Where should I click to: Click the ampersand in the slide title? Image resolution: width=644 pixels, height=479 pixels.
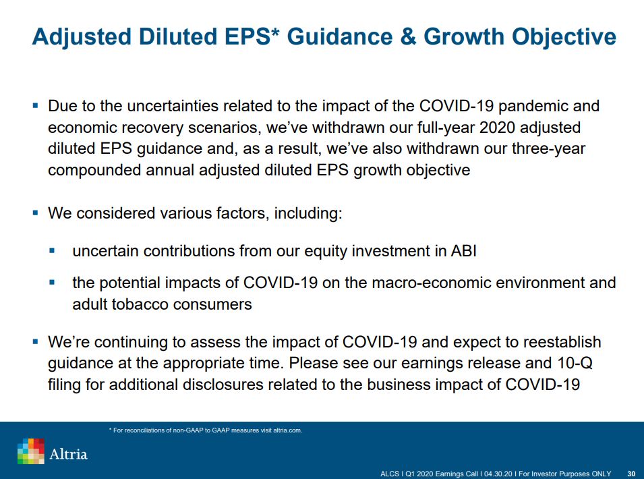tap(408, 36)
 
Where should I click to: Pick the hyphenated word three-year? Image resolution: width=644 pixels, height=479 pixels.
tap(548, 148)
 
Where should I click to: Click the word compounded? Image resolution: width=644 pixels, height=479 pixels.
tap(94, 170)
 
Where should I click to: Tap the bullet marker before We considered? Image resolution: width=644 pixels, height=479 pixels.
tap(35, 213)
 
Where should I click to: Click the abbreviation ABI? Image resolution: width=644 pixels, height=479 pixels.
tap(464, 251)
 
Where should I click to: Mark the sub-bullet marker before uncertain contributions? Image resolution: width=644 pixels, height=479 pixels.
tap(52, 250)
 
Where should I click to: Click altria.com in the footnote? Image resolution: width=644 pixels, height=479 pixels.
tap(287, 430)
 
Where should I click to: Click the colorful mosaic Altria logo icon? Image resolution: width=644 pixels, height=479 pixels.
tap(31, 451)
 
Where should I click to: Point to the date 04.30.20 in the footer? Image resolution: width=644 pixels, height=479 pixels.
tap(498, 474)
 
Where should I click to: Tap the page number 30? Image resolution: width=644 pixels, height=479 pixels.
tap(631, 474)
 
